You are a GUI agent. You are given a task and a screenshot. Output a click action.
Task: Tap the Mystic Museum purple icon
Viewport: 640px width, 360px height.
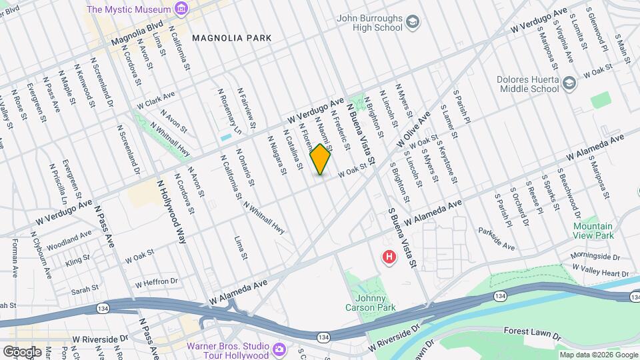pyautogui.click(x=179, y=9)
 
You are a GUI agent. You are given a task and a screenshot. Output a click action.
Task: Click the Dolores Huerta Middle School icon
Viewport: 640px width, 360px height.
pyautogui.click(x=569, y=83)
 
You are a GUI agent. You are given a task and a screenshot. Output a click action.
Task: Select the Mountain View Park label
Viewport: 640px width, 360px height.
pyautogui.click(x=593, y=231)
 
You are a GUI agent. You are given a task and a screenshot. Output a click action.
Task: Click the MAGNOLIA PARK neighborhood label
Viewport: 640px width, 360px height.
pyautogui.click(x=231, y=38)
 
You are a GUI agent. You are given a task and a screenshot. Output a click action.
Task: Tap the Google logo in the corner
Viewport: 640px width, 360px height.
pyautogui.click(x=21, y=351)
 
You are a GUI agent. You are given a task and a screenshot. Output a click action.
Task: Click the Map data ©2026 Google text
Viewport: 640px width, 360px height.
pyautogui.click(x=598, y=355)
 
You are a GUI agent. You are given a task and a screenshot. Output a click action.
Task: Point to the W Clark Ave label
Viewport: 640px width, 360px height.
pyautogui.click(x=155, y=101)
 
